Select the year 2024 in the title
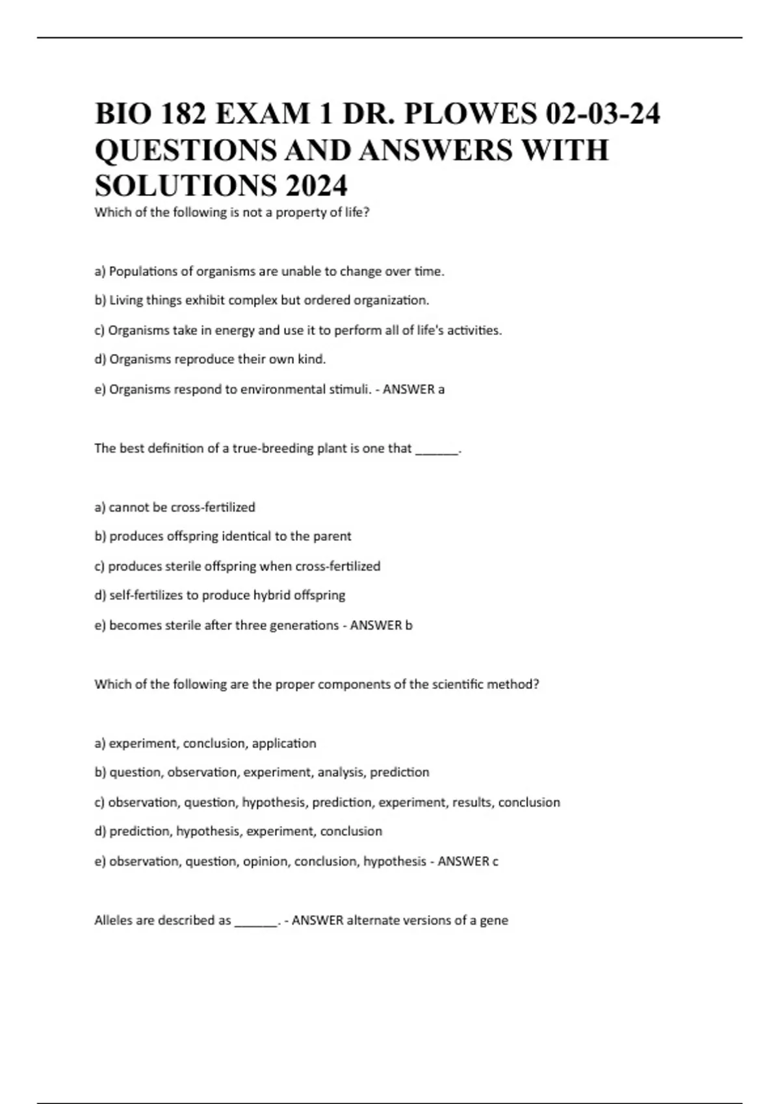click(315, 186)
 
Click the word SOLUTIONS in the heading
click(183, 186)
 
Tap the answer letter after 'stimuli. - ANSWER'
click(441, 390)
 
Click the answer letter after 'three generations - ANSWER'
click(409, 625)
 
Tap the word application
click(284, 743)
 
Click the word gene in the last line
click(494, 921)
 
